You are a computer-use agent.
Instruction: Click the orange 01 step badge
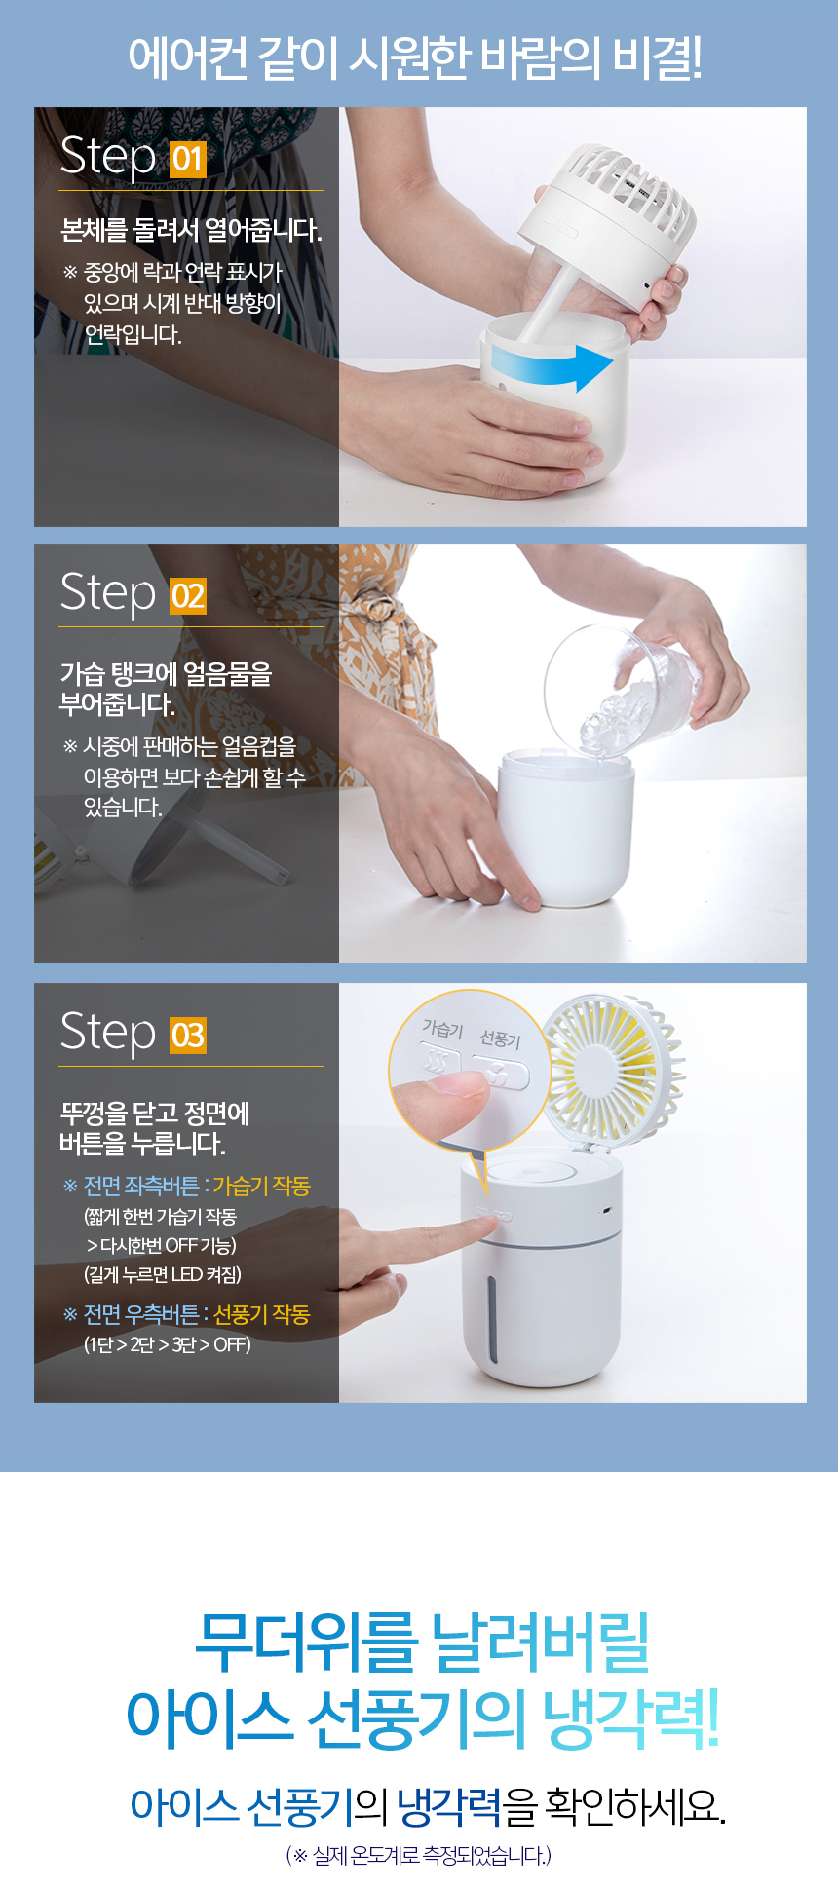pos(188,159)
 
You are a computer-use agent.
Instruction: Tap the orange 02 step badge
pos(188,595)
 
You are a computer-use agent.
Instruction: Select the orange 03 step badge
pos(188,1035)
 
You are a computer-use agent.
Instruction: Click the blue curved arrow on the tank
pos(552,366)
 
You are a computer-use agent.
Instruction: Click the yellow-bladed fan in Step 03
pos(612,1067)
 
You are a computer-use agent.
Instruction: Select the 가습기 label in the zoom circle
pos(442,1028)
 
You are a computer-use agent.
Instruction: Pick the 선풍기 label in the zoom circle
pos(501,1038)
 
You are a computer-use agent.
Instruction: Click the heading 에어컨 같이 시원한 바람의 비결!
pos(416,58)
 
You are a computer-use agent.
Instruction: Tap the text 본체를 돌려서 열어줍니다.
pos(191,231)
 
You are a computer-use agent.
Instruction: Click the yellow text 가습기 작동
pos(261,1186)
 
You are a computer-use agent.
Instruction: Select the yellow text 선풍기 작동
pos(261,1314)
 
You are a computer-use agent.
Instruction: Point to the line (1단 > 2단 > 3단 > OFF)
pos(168,1344)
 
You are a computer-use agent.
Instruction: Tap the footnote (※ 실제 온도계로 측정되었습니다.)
pos(419,1855)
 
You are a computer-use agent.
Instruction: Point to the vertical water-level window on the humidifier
pos(493,1319)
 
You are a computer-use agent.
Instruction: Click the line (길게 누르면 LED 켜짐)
pos(163,1274)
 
